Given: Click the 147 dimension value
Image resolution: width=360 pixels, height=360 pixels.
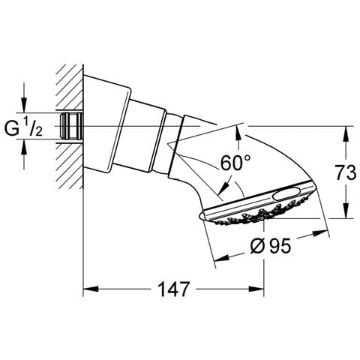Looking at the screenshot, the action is tap(173, 289).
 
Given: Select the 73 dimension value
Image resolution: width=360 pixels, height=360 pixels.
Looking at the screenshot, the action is tap(346, 172).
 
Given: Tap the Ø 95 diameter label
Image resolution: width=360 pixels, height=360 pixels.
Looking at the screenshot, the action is tap(271, 245).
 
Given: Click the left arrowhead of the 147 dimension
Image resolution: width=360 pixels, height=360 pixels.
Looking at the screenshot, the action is tap(91, 289).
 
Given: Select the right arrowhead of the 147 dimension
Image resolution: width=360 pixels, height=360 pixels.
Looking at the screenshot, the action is tap(256, 289).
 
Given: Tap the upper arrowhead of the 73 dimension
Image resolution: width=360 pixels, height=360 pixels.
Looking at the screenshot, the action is tap(346, 133).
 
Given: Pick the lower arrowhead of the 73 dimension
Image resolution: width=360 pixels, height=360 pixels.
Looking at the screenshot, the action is tap(346, 211).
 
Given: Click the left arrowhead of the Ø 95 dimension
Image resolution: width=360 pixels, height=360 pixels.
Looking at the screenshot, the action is tap(222, 258).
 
